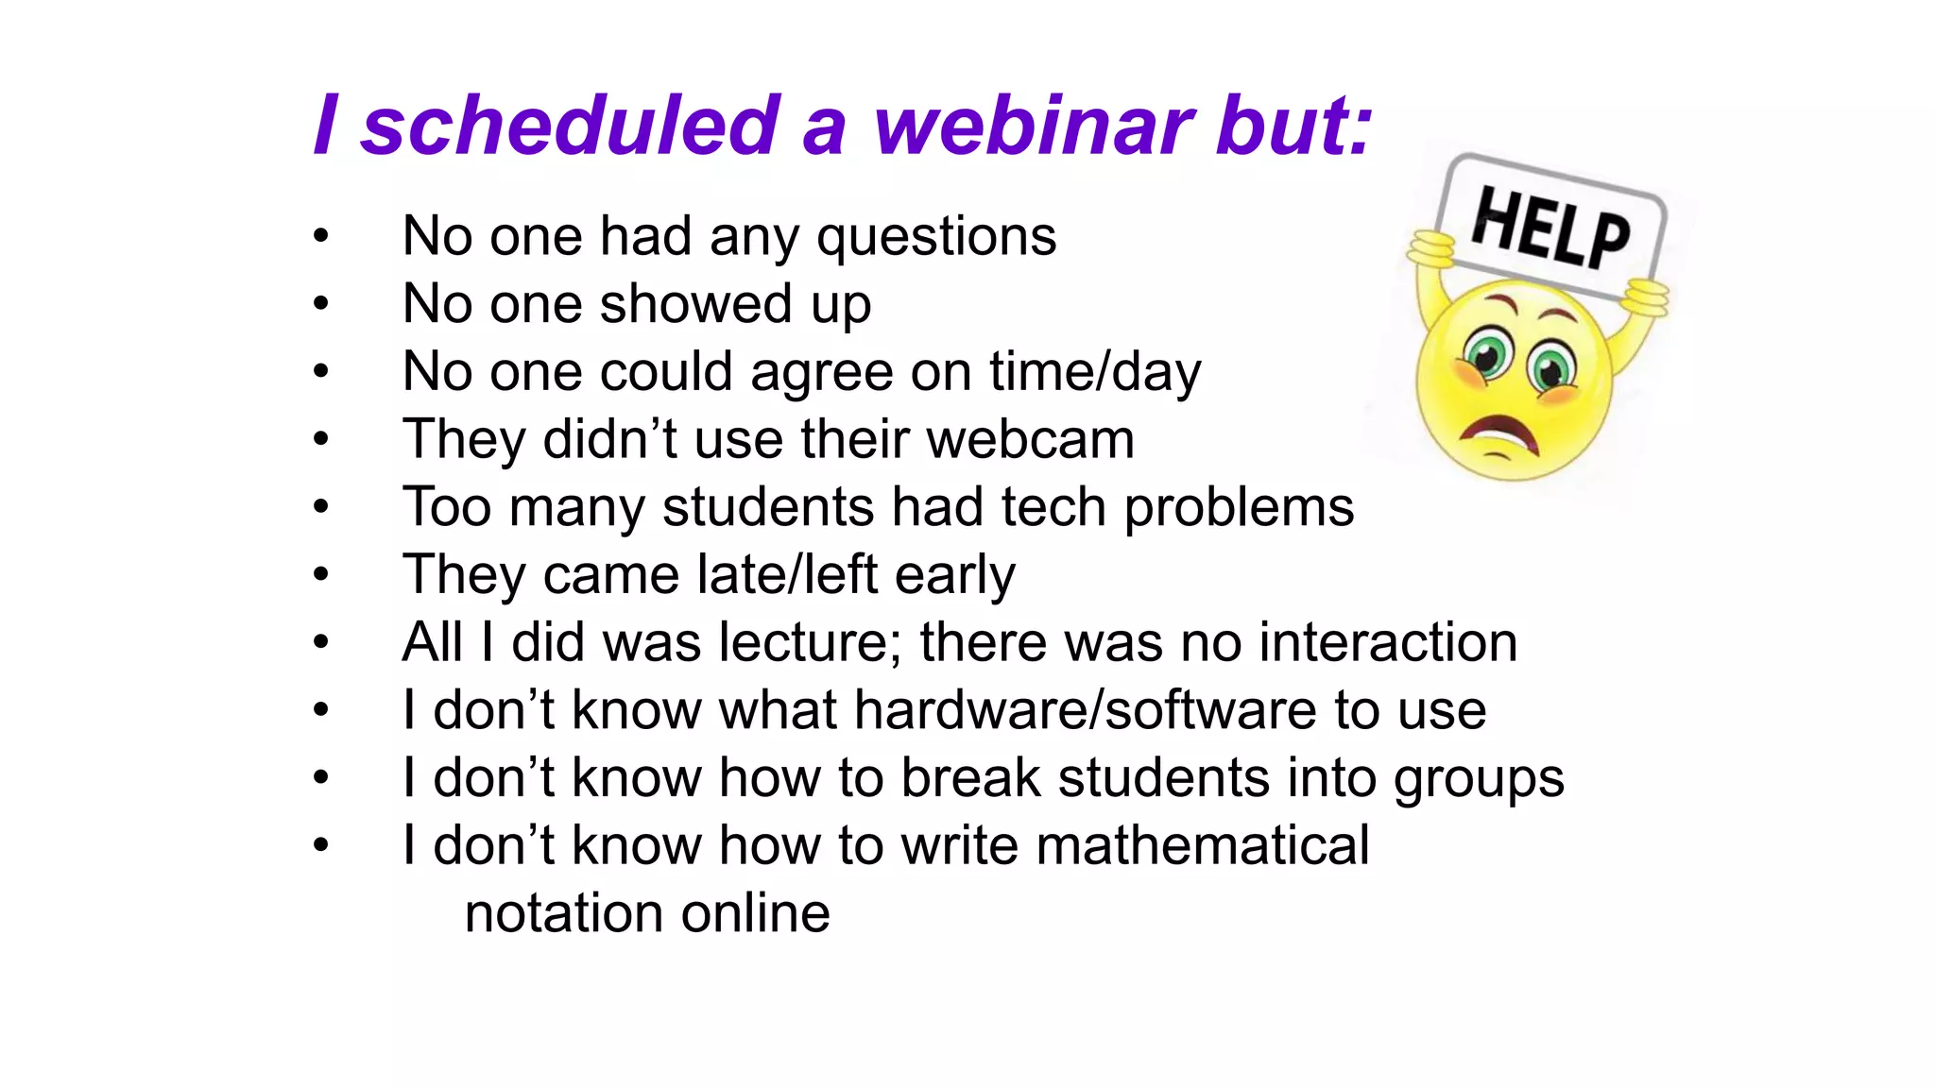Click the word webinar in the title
pyautogui.click(x=1034, y=127)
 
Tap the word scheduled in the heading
pyautogui.click(x=570, y=127)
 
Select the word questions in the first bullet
pyautogui.click(x=936, y=236)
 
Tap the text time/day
pyautogui.click(x=1095, y=371)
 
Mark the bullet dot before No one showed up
pyautogui.click(x=321, y=304)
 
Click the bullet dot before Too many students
pyautogui.click(x=321, y=507)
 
